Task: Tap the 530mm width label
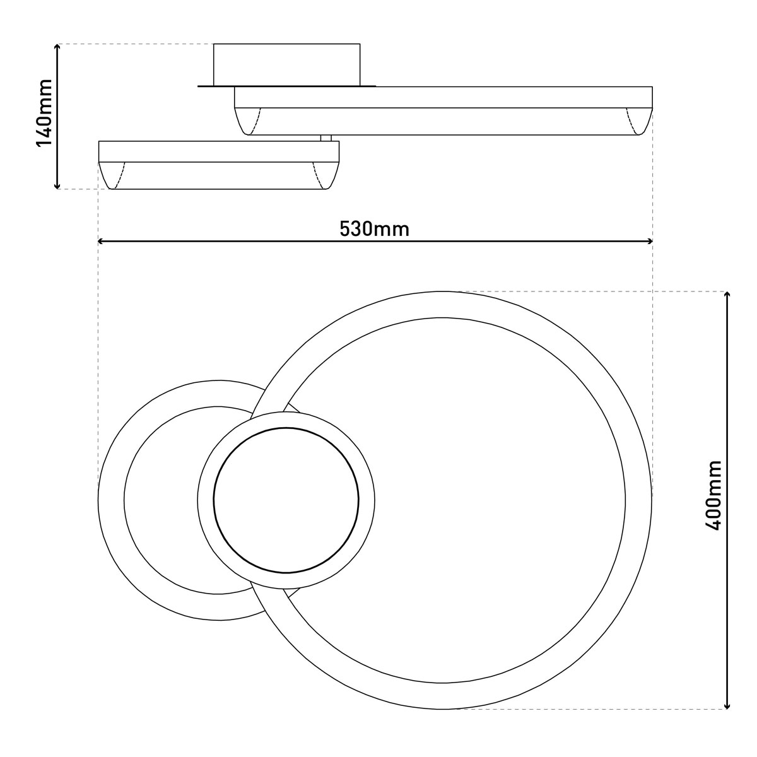pos(375,228)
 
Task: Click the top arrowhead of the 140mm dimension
pos(57,47)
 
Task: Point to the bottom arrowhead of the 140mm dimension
pos(57,185)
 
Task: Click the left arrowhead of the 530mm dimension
pos(102,241)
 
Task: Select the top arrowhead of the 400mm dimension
pos(727,295)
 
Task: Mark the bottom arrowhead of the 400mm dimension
pos(727,705)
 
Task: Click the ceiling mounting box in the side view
pos(287,64)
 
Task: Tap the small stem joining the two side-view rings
pos(326,138)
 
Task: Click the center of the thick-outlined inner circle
pos(286,500)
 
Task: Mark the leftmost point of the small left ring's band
pos(111,500)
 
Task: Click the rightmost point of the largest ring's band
pos(638,500)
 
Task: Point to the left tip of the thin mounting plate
pos(199,86)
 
